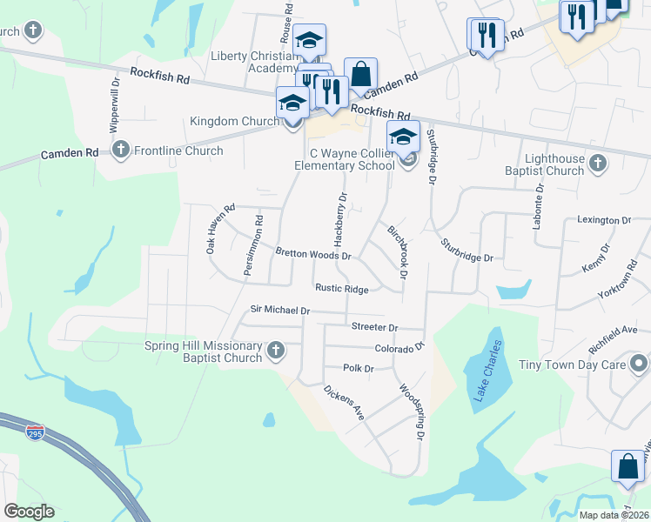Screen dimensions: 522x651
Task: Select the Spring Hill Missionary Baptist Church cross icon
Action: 276,351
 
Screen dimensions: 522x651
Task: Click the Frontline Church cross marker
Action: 120,151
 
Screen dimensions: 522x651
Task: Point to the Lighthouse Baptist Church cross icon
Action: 598,163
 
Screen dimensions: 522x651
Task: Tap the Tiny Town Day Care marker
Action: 640,364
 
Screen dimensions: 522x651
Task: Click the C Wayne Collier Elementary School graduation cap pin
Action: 404,138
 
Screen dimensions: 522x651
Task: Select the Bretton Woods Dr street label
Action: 312,255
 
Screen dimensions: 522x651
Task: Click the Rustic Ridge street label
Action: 341,289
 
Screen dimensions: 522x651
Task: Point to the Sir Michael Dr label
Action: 280,309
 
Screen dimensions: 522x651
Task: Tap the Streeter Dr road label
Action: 374,327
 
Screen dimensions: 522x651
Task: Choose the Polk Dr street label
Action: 358,368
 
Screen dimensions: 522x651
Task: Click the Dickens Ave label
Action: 343,403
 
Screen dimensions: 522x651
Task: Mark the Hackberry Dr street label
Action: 339,219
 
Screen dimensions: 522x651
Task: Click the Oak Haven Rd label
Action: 220,229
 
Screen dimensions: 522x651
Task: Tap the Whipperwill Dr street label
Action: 114,106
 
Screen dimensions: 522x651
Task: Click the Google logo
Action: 30,512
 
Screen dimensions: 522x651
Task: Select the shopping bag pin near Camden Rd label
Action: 360,76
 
